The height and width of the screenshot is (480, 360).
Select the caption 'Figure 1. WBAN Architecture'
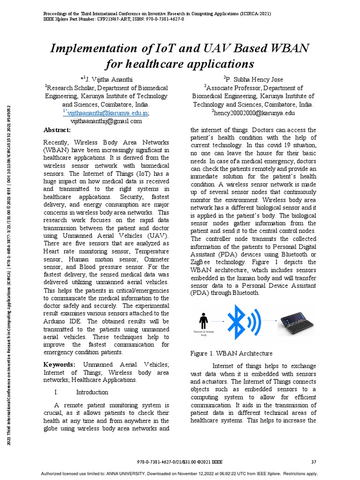(x=231, y=353)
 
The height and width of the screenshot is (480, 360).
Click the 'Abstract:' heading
(x=57, y=130)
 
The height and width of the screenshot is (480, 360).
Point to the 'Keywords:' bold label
(x=59, y=365)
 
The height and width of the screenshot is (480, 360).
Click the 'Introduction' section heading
(x=92, y=392)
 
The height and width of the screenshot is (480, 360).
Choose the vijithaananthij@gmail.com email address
(x=106, y=121)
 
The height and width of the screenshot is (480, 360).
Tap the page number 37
(x=314, y=462)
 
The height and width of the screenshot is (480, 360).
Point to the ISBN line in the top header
(x=110, y=19)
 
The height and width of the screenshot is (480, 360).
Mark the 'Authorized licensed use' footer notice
(x=180, y=473)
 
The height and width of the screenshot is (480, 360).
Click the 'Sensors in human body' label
(x=203, y=333)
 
